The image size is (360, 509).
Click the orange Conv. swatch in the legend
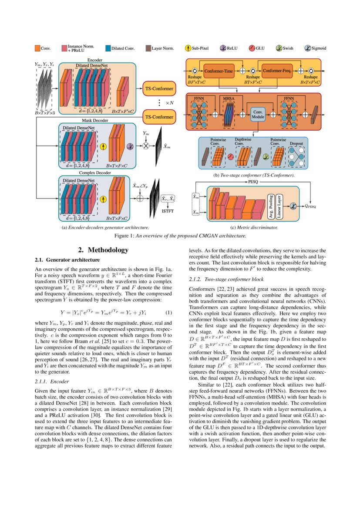(x=37, y=49)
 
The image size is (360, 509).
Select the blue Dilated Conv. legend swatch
(x=108, y=49)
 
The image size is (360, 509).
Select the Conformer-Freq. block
(x=276, y=70)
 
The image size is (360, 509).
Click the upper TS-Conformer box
(x=159, y=89)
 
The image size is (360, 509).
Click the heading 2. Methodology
(x=103, y=250)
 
